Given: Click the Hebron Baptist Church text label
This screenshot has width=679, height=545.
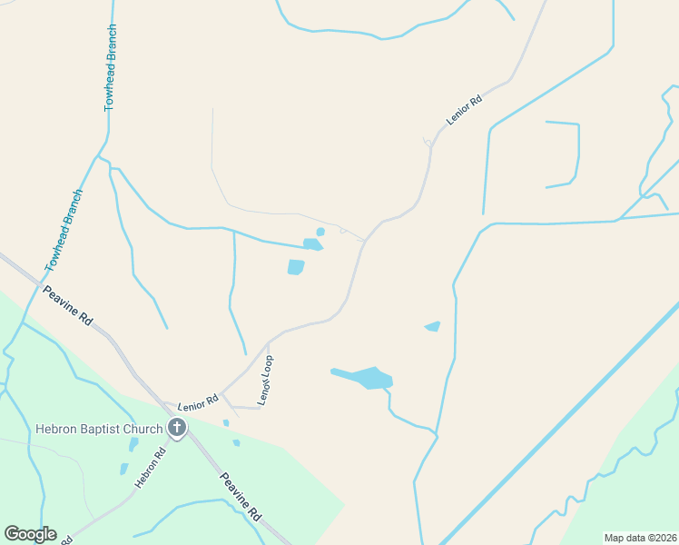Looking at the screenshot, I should point(99,429).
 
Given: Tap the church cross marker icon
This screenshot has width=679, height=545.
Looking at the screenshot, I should point(176,428).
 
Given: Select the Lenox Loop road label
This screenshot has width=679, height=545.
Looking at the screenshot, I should point(265,380).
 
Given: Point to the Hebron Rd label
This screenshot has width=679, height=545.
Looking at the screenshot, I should point(151,468).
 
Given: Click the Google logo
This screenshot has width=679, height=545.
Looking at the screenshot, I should point(30,534).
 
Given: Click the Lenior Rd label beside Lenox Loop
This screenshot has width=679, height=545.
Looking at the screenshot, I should point(199,401).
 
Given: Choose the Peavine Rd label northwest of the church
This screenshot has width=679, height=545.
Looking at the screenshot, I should point(68,306).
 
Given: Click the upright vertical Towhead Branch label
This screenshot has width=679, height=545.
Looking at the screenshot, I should point(111,81).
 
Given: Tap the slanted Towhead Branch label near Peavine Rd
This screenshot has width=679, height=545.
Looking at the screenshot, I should point(64,231).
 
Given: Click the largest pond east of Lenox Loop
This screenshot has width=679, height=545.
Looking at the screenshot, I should point(371,377).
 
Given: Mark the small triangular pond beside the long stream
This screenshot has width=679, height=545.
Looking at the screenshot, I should point(433,326).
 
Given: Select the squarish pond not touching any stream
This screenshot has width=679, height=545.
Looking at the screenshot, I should point(296,267).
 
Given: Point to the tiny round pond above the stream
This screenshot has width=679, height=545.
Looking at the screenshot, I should point(320,232).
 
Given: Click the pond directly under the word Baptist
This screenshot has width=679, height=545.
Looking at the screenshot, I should point(133,444).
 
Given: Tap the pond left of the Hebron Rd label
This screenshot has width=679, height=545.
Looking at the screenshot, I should point(124,469).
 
